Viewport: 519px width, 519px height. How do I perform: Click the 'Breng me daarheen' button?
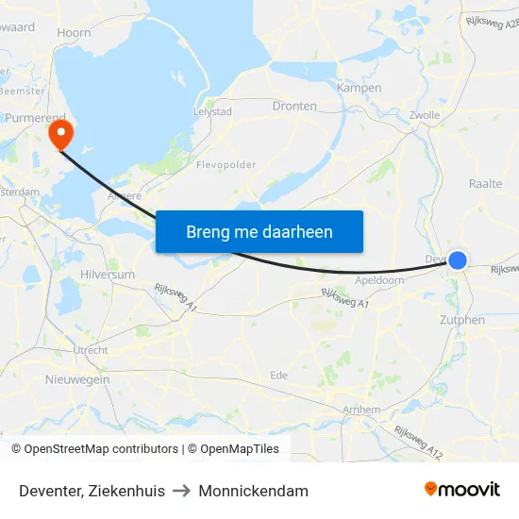point(259,231)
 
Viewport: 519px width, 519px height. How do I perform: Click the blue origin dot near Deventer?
point(458,259)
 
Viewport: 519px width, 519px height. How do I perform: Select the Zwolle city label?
point(425,115)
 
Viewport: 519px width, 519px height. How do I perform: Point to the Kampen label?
point(360,88)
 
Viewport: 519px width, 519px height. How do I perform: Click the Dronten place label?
point(294,106)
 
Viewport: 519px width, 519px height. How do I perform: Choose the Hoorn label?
point(74,32)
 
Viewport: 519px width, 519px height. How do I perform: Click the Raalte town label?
point(485,184)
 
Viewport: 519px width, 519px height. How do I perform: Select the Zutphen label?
point(462,320)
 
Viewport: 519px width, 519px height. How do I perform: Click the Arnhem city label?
point(361,410)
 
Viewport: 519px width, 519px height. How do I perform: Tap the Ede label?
point(278,375)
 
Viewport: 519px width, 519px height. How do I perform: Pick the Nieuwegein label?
point(77,379)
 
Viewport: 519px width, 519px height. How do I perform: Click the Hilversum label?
point(108,275)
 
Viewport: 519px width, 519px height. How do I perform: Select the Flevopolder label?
point(226,165)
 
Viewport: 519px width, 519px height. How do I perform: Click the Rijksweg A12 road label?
point(421,444)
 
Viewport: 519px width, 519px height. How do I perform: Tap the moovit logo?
point(461,490)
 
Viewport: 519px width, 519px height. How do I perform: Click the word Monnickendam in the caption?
point(253,491)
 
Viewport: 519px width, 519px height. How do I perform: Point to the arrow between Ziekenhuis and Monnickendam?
point(182,491)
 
